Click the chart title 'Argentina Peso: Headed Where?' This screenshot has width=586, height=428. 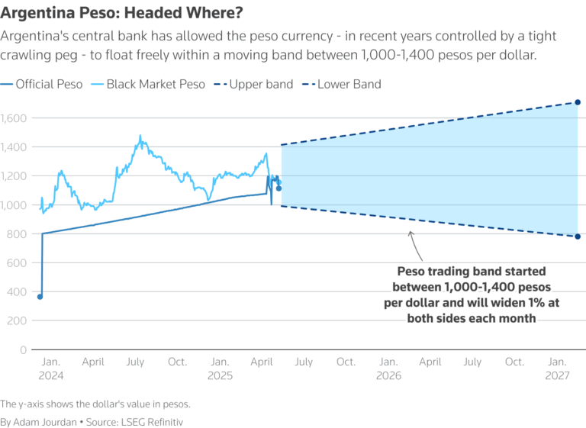[x=115, y=13]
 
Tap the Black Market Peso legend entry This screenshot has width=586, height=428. [x=148, y=84]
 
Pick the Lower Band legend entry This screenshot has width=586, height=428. [x=343, y=84]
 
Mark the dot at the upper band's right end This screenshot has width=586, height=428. [x=578, y=102]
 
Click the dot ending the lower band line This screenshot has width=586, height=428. [x=578, y=237]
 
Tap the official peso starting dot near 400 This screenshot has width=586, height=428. [x=40, y=297]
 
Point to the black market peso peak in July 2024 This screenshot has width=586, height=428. [x=140, y=137]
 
